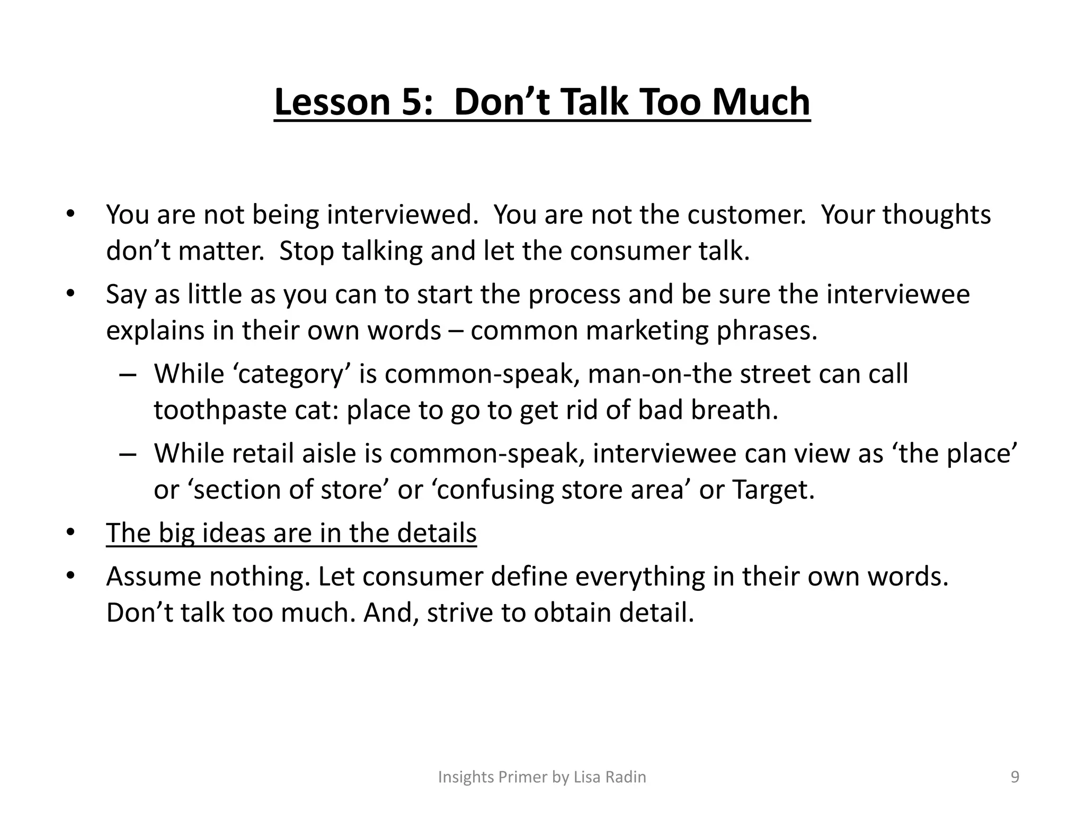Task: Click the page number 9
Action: click(x=1015, y=777)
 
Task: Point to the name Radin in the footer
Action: click(x=627, y=777)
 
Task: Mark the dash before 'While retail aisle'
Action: click(x=128, y=454)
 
